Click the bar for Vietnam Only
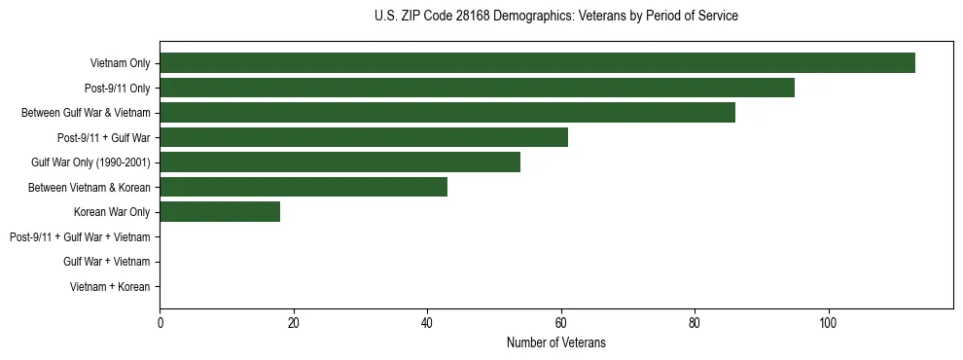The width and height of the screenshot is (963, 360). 537,63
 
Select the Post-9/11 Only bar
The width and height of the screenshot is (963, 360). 477,88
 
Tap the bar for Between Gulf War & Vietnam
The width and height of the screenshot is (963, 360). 447,113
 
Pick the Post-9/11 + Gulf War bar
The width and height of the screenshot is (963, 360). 364,137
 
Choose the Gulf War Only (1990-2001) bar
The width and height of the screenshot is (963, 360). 339,162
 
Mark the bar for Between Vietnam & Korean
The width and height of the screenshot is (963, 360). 303,187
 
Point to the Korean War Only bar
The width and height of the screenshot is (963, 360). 220,212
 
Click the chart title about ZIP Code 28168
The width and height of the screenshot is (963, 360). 555,17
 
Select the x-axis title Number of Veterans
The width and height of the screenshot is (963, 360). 555,343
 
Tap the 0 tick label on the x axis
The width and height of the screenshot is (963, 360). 160,323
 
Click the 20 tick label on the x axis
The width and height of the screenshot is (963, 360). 294,323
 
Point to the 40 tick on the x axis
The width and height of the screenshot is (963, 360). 427,323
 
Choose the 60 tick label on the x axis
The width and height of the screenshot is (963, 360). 560,323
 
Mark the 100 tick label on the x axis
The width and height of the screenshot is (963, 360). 828,323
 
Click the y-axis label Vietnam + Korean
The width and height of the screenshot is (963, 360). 110,287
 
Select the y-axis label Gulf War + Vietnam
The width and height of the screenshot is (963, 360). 106,262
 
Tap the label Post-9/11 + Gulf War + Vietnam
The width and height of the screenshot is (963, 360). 80,237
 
